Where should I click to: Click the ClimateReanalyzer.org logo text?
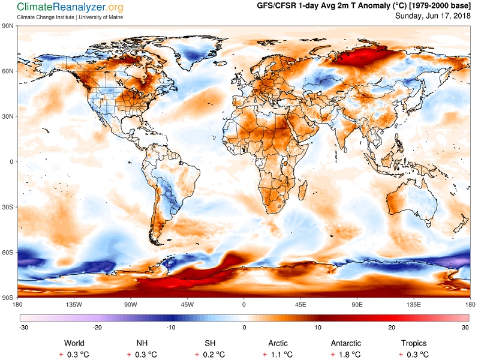coord(70,7)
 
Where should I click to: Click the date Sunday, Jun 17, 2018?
coord(433,16)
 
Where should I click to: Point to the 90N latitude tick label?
coord(7,26)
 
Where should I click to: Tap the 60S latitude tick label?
coord(7,253)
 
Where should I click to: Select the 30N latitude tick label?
coord(7,116)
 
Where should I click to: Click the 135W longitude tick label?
coord(74,304)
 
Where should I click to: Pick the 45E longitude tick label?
coord(300,304)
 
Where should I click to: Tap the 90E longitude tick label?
coord(357,304)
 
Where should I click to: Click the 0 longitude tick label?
coord(243,304)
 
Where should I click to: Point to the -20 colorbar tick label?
coord(97,328)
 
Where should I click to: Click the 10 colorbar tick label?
coord(318,328)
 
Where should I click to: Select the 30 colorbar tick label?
coord(465,328)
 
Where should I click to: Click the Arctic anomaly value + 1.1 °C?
coord(278,355)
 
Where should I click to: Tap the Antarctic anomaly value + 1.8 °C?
coord(345,355)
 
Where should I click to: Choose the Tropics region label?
coord(414,343)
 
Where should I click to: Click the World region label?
coord(74,343)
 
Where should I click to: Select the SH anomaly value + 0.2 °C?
coord(210,355)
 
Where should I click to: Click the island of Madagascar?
coord(302,190)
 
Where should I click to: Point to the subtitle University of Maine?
coord(101,17)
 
